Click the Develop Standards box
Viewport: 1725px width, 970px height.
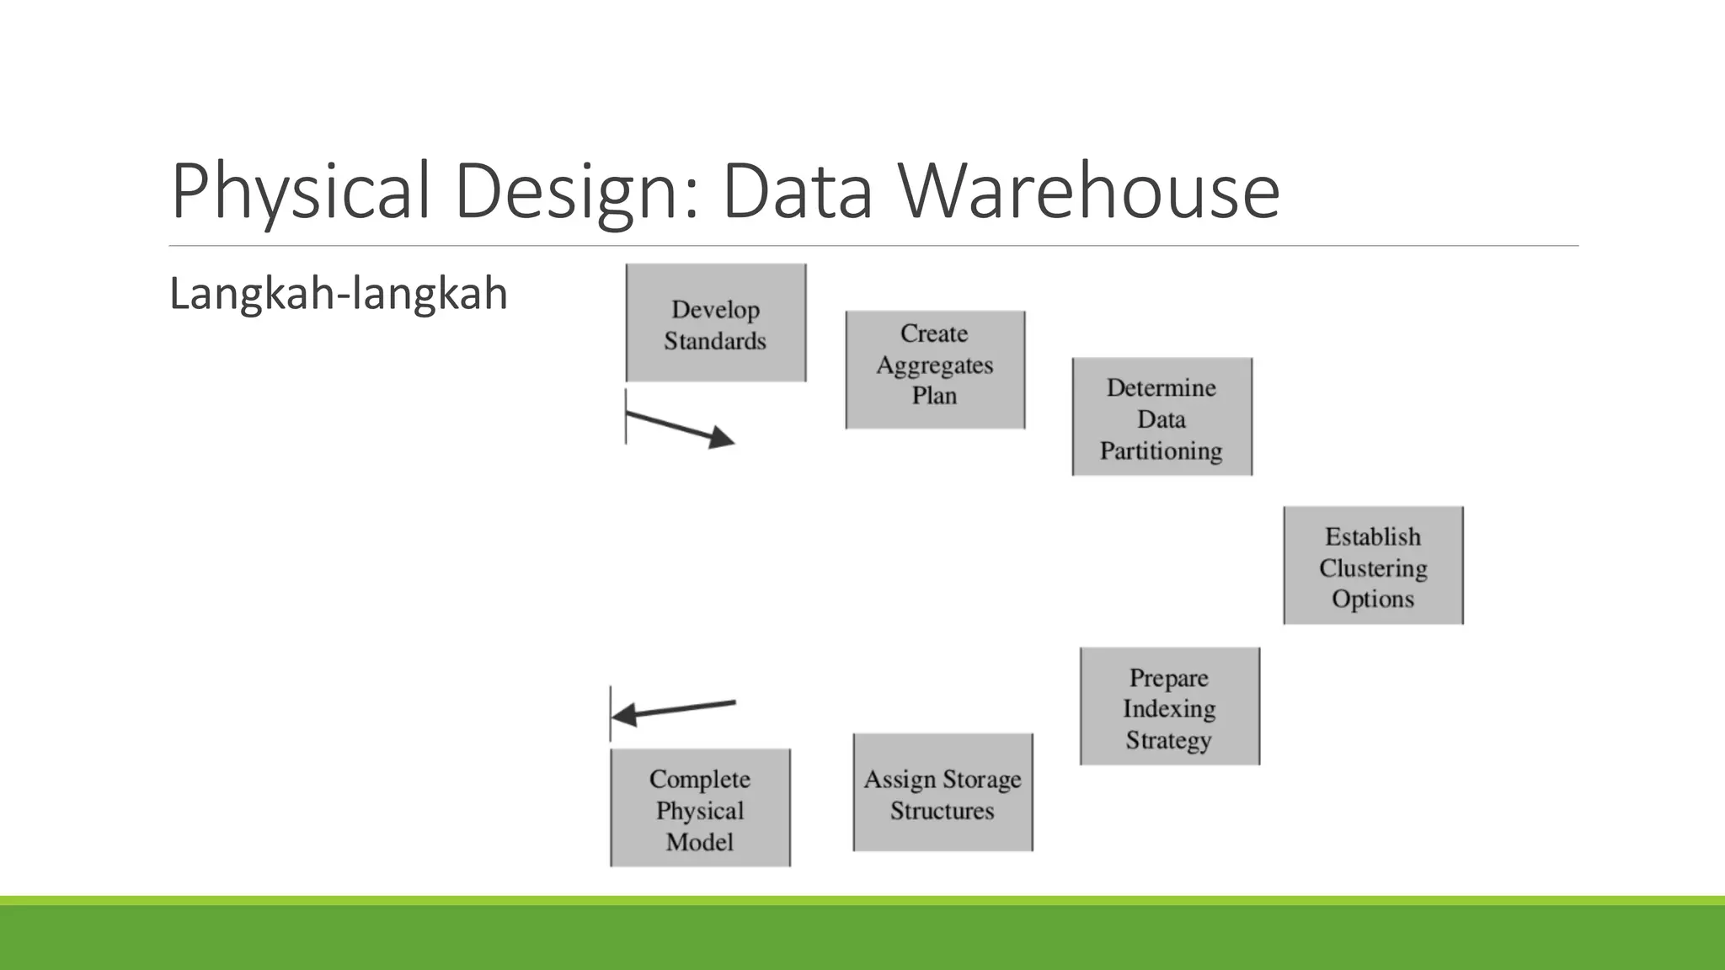pyautogui.click(x=716, y=323)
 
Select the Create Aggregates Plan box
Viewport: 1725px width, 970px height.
pyautogui.click(x=935, y=370)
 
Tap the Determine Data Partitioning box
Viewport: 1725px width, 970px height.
pyautogui.click(x=1162, y=417)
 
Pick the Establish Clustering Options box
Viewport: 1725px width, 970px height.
pyautogui.click(x=1373, y=565)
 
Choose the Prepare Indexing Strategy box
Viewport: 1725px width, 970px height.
pyautogui.click(x=1169, y=706)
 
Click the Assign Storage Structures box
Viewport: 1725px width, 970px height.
pyautogui.click(x=943, y=792)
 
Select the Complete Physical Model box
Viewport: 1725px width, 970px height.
pyautogui.click(x=700, y=807)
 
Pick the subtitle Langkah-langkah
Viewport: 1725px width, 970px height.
pyautogui.click(x=339, y=294)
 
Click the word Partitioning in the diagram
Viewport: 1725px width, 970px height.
pyautogui.click(x=1161, y=450)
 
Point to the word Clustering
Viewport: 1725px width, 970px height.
pyautogui.click(x=1373, y=568)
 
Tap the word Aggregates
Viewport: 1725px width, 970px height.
pyautogui.click(x=935, y=365)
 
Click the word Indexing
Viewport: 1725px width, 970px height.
pyautogui.click(x=1169, y=709)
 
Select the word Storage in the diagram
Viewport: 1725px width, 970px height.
pyautogui.click(x=982, y=780)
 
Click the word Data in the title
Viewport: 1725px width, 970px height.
pyautogui.click(x=797, y=192)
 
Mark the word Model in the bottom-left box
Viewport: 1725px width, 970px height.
pyautogui.click(x=699, y=841)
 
